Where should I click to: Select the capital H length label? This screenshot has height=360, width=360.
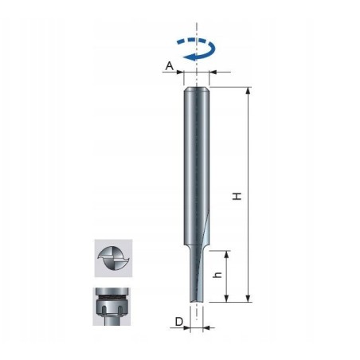coord(237,196)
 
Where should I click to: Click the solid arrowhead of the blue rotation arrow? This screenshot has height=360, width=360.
coord(187,58)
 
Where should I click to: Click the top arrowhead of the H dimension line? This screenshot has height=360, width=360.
coord(248,91)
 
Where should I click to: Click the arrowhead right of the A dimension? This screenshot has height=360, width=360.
coord(213,73)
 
